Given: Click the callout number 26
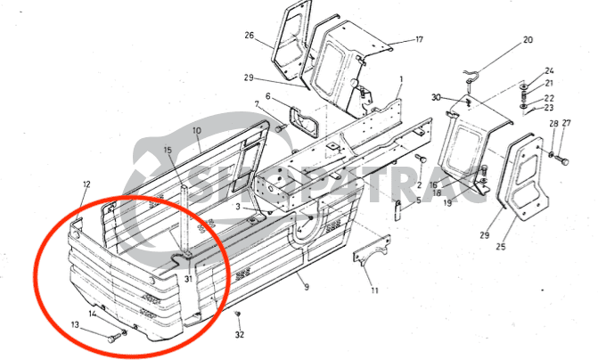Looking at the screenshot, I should pyautogui.click(x=250, y=36).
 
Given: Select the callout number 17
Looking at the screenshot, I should pyautogui.click(x=419, y=40).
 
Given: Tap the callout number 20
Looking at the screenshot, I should pyautogui.click(x=528, y=40).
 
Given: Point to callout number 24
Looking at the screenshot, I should pyautogui.click(x=549, y=70).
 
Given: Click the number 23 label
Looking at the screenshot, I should pyautogui.click(x=549, y=107).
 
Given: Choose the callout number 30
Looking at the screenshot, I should pyautogui.click(x=436, y=96).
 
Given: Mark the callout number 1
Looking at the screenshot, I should pyautogui.click(x=401, y=80).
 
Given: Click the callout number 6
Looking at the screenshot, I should pyautogui.click(x=266, y=96).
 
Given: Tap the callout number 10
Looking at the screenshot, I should pyautogui.click(x=197, y=130).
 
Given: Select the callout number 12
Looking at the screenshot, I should pyautogui.click(x=86, y=184).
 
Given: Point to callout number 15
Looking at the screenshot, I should pyautogui.click(x=168, y=151).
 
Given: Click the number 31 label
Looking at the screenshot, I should pyautogui.click(x=188, y=279).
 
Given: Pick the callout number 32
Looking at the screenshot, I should pyautogui.click(x=239, y=335).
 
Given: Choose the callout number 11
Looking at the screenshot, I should pyautogui.click(x=374, y=290).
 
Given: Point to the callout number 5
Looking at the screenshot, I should pyautogui.click(x=418, y=201).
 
